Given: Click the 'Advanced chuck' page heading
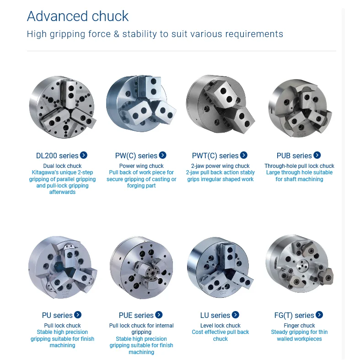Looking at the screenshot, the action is click(78, 16).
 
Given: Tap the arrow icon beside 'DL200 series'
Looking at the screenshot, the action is click(84, 155).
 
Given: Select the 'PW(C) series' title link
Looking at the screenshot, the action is click(136, 156).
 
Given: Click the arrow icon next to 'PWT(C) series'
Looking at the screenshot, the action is click(244, 155).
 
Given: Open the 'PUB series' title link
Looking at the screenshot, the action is click(294, 156).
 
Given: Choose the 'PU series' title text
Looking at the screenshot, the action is click(57, 315).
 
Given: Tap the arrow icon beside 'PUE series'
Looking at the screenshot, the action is click(159, 315).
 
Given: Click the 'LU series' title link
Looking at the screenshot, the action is click(215, 315).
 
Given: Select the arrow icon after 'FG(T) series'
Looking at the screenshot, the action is click(319, 315).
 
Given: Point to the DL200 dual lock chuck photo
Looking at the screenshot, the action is click(63, 107).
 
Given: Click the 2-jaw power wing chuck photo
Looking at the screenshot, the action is click(220, 104).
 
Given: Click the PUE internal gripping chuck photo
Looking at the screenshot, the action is click(141, 268).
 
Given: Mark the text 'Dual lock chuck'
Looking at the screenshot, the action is click(63, 166).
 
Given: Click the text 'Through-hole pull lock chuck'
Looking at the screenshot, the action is click(299, 166).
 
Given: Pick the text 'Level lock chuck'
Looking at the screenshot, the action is click(220, 326).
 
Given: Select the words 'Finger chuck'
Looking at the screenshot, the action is click(299, 326).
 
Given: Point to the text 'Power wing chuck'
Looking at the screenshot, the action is click(141, 166).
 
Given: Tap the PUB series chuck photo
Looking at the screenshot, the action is click(300, 108).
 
